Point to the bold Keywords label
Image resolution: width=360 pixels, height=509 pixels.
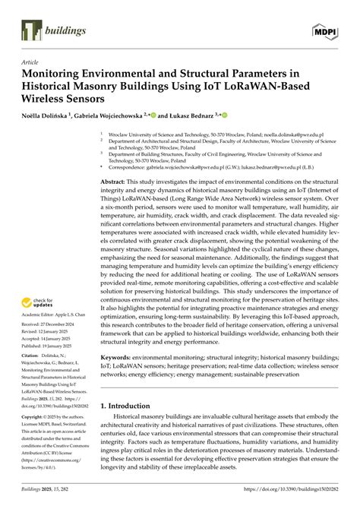(119, 356)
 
